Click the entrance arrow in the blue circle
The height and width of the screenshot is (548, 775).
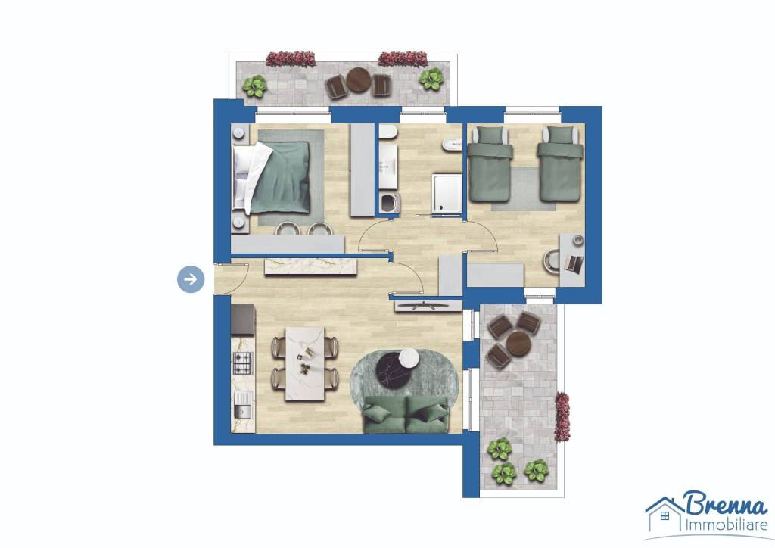[191, 279]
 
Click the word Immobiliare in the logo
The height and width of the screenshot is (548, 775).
[726, 525]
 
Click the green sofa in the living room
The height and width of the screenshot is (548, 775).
[406, 414]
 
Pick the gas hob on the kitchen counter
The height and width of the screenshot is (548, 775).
[242, 363]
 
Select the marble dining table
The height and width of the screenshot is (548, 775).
[305, 363]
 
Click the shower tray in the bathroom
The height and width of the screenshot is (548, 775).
[447, 193]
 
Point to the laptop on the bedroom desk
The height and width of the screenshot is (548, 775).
[573, 263]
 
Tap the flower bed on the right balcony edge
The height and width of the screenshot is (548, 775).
[562, 416]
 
